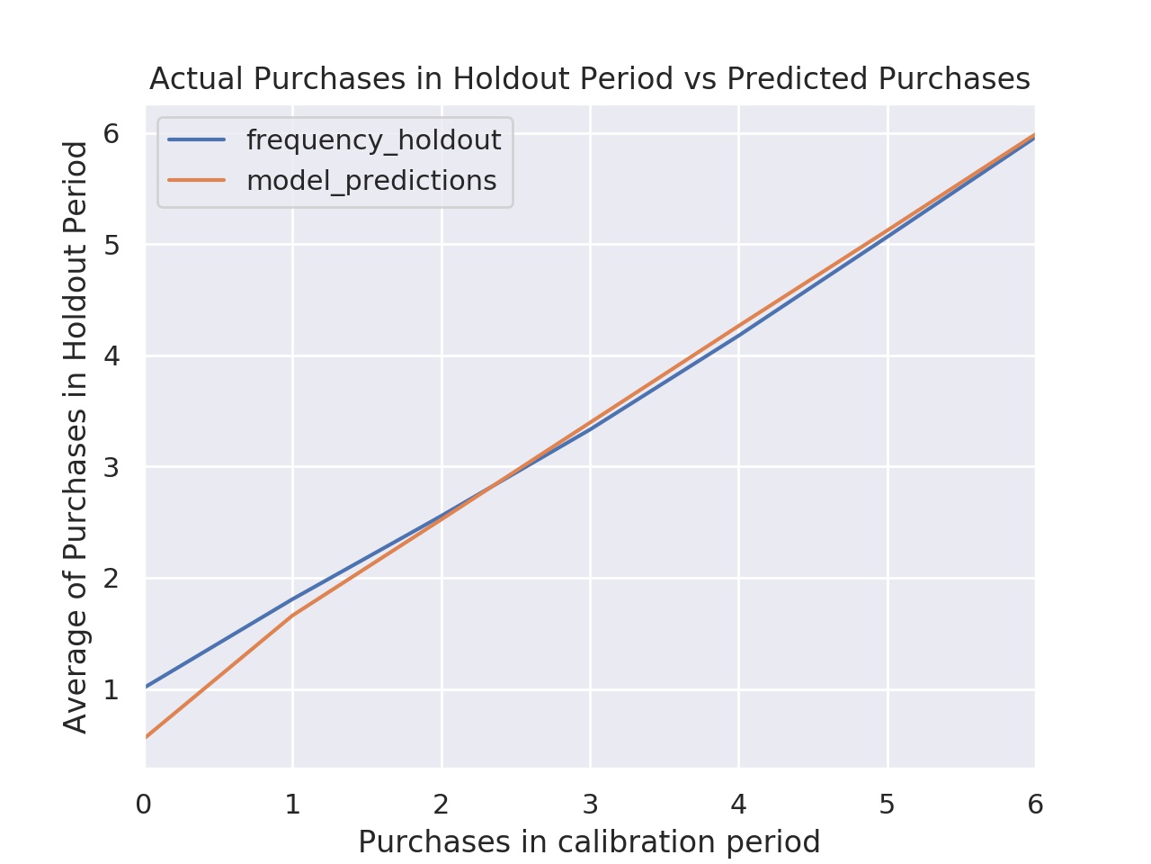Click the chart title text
coord(589,79)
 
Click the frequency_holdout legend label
coord(373,140)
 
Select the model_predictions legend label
coord(371,181)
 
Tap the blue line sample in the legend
coord(197,139)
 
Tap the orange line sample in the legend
coord(197,180)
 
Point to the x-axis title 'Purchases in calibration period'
coord(589,842)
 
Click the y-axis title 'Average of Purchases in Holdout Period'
coord(76,436)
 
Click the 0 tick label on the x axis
coord(144,805)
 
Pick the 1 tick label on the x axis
coord(292,805)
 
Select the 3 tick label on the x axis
coord(590,805)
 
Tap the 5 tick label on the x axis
coord(887,805)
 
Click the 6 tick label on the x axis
coord(1035,805)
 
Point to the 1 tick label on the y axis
coord(112,690)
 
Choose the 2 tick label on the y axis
coord(112,579)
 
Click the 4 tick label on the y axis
coord(112,356)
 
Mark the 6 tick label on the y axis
coord(112,134)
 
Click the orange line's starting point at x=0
coord(147,736)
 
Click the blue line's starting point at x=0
coord(147,686)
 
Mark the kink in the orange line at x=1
coord(293,615)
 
